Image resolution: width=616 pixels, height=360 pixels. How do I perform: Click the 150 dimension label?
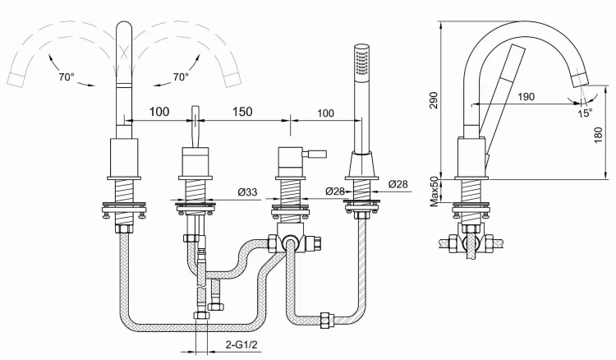(241, 111)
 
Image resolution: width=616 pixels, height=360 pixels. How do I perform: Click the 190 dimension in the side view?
(526, 96)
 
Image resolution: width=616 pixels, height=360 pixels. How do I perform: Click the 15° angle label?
(584, 113)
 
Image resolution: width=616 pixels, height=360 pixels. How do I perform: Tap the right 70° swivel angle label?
(181, 77)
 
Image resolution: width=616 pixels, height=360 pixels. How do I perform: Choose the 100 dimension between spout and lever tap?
(159, 111)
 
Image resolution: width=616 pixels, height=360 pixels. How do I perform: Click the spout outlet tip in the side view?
(581, 78)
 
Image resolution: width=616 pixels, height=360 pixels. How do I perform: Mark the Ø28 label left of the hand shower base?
(334, 192)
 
